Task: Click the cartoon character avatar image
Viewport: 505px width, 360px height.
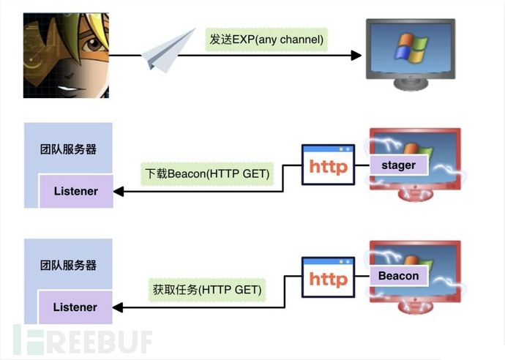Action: click(66, 56)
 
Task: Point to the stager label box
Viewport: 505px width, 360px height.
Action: click(399, 165)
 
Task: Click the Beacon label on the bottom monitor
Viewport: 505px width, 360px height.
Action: click(399, 276)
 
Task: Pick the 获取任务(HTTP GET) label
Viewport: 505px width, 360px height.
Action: click(206, 290)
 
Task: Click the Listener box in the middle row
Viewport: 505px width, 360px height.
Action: click(75, 191)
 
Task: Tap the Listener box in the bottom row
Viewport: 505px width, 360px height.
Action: click(75, 307)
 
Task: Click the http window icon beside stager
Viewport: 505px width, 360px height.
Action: click(328, 165)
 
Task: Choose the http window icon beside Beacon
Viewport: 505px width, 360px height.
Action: click(328, 278)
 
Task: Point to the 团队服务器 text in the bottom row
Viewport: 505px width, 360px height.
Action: click(68, 265)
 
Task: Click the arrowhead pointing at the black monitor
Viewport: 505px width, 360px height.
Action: click(356, 55)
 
